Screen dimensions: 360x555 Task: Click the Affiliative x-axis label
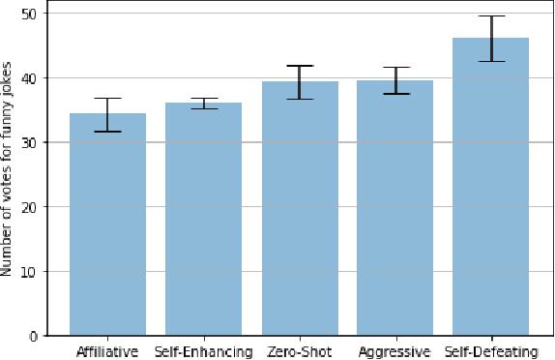click(108, 351)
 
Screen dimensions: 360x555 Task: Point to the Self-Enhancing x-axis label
click(203, 351)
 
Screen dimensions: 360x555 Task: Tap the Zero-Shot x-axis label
click(299, 351)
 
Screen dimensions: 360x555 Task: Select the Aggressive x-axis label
click(394, 351)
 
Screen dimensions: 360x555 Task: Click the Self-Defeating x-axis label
click(490, 351)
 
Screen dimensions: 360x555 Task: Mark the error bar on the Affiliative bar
click(107, 114)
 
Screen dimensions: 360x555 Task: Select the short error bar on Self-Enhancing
click(203, 103)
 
